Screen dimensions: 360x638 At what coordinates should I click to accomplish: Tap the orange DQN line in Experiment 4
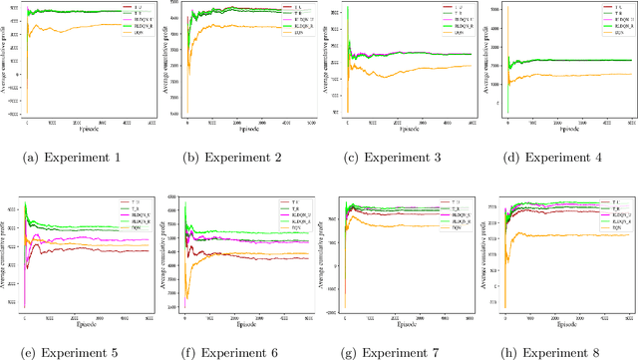(x=578, y=75)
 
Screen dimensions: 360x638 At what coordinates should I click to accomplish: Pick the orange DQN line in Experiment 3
(x=419, y=73)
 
